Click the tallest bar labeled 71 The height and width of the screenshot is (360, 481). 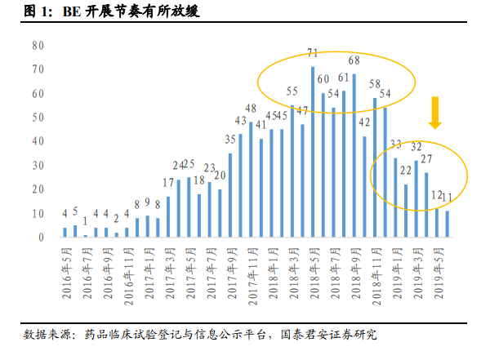(x=313, y=152)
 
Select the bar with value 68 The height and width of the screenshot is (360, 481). (x=354, y=155)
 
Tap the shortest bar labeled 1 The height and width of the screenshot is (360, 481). (x=86, y=236)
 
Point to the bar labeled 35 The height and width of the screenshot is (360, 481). (x=230, y=195)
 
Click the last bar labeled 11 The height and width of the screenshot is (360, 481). (x=448, y=224)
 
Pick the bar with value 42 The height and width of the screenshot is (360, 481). (x=364, y=187)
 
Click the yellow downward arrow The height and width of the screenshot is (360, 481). (x=435, y=113)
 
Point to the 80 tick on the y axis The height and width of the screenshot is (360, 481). (x=38, y=46)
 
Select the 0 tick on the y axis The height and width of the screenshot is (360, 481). (x=41, y=238)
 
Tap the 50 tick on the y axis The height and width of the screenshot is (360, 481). (x=38, y=118)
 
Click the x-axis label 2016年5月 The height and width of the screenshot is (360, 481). (x=67, y=273)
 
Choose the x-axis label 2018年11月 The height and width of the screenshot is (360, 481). (x=377, y=277)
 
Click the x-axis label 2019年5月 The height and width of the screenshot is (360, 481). (x=439, y=273)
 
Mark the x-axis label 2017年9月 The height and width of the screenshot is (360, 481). (x=232, y=273)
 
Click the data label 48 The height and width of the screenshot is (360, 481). (x=251, y=109)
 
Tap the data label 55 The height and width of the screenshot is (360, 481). (x=292, y=91)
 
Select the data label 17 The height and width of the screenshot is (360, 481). (x=168, y=183)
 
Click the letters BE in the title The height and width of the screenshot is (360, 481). (x=72, y=11)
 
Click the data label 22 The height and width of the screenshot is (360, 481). (x=406, y=171)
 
